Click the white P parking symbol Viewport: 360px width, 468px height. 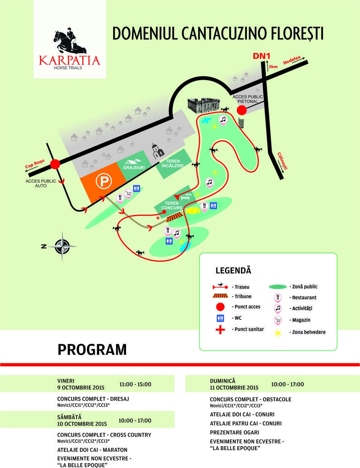point(104,181)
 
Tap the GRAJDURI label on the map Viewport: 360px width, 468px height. point(134,167)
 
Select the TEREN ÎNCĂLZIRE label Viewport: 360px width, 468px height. point(173,163)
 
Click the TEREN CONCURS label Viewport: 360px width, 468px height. point(172,205)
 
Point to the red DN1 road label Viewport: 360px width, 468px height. point(261,56)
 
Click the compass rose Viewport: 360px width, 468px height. point(62,246)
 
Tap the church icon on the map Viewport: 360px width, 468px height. point(157,151)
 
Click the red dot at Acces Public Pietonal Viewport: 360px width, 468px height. point(242,110)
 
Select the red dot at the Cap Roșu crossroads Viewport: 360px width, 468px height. point(55,164)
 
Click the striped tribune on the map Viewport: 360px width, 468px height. point(175,217)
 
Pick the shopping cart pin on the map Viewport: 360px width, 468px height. point(128,194)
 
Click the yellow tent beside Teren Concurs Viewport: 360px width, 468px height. point(193,210)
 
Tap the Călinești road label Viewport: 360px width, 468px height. point(282,160)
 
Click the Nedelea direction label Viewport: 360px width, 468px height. point(292,60)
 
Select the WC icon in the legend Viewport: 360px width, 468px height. point(220,318)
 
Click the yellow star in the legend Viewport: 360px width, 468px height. point(278,333)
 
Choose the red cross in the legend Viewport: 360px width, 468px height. point(220,330)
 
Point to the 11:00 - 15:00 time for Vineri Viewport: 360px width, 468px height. point(135,385)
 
